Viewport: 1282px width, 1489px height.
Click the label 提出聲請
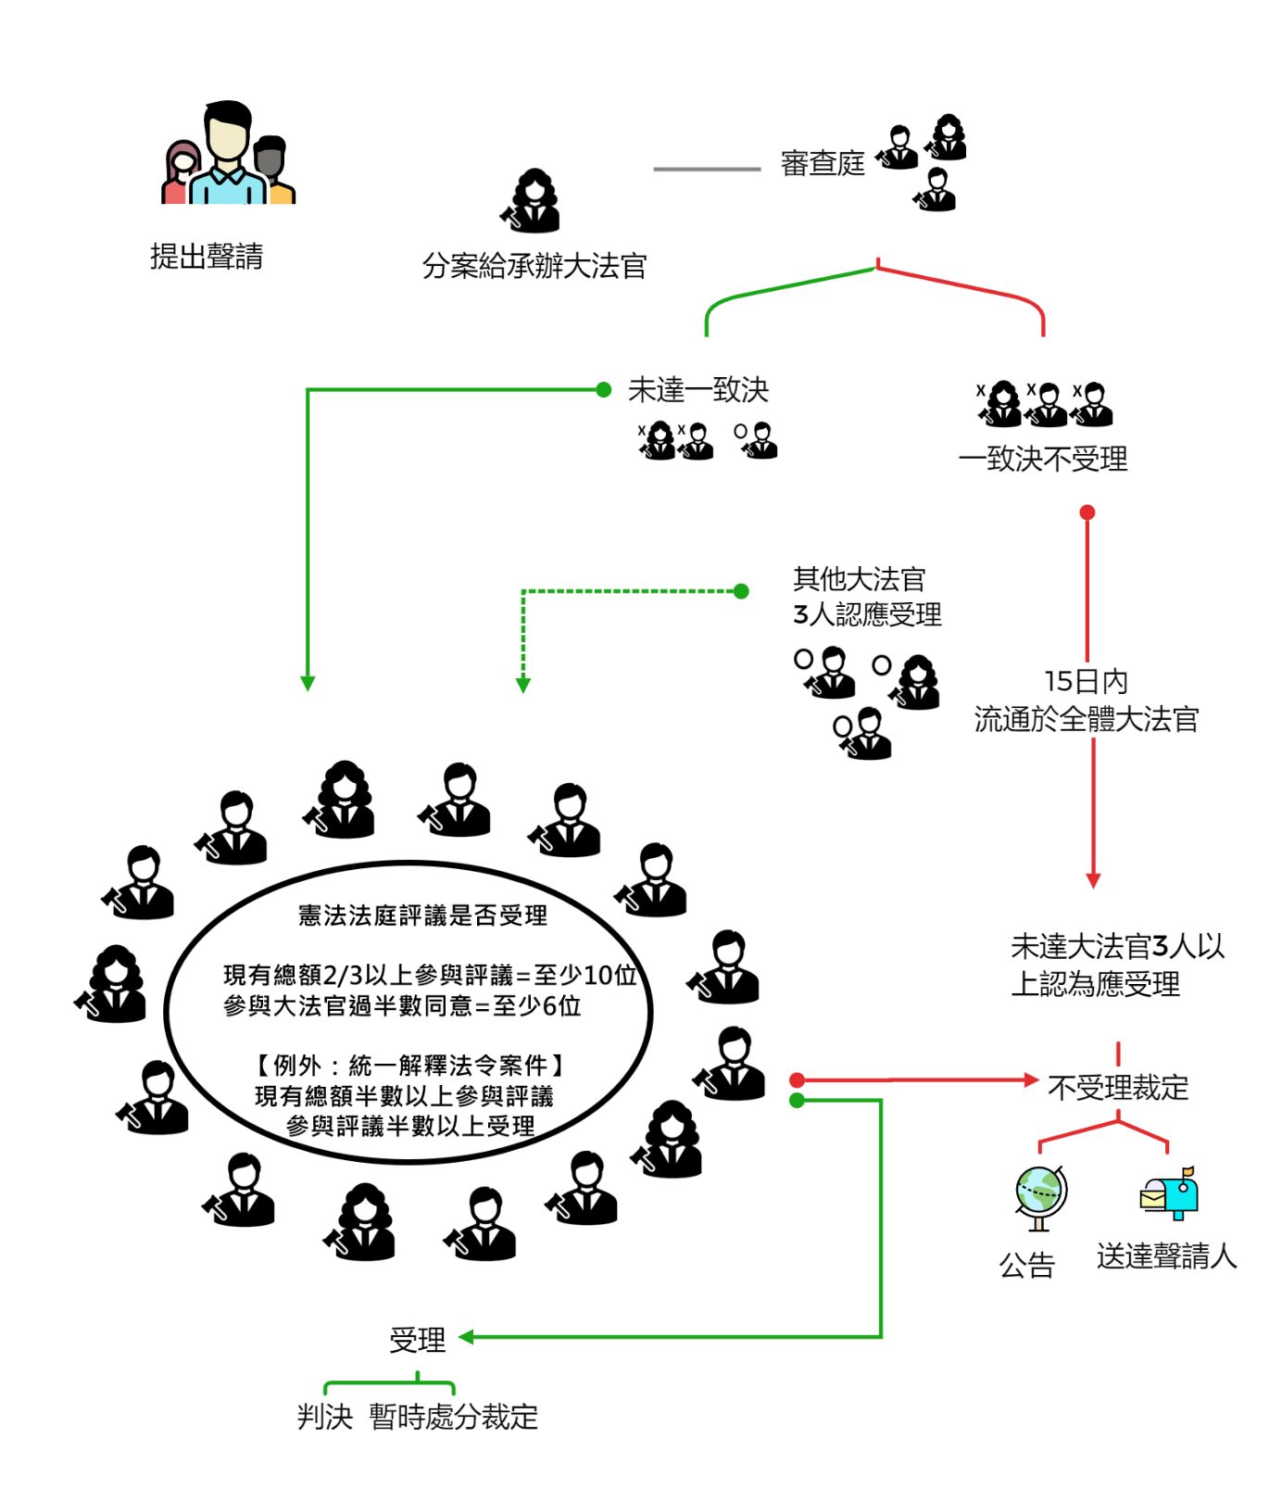pos(206,257)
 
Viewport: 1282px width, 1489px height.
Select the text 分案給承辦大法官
pos(534,267)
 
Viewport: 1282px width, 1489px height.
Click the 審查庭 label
pos(822,164)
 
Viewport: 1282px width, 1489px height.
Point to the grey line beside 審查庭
pos(706,170)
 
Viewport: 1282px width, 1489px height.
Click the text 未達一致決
pos(698,390)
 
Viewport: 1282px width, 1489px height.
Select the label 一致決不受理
pos(1043,459)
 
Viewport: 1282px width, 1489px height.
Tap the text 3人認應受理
pos(867,614)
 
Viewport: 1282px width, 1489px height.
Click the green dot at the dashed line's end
pos(741,591)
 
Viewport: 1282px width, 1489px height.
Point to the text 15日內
pos(1086,682)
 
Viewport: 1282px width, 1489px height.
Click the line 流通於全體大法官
pos(1086,719)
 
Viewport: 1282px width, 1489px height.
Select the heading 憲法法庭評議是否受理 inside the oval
pos(422,915)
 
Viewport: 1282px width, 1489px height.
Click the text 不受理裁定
pos(1117,1087)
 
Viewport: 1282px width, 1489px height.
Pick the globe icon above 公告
pos(1040,1195)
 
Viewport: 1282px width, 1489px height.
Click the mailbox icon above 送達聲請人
pos(1169,1193)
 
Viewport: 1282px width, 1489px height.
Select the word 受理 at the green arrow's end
pos(417,1340)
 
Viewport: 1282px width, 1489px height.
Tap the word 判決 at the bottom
pos(324,1417)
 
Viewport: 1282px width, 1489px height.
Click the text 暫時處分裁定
pos(453,1417)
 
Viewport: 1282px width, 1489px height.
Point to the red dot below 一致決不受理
pos(1087,512)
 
